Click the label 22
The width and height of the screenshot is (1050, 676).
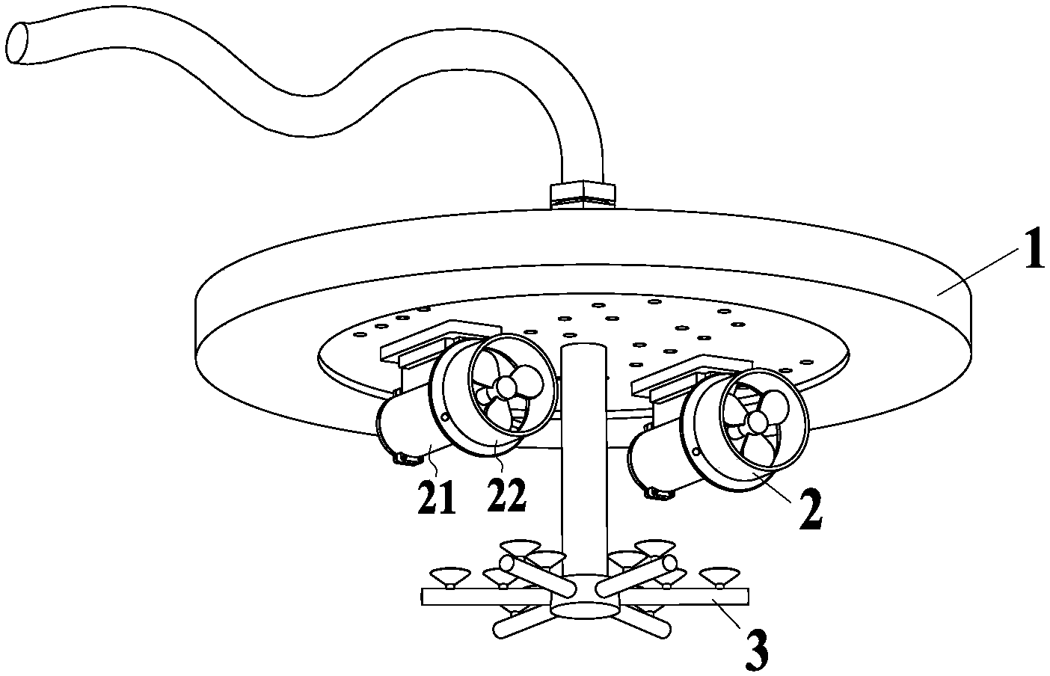506,495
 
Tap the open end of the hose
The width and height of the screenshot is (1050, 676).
23,43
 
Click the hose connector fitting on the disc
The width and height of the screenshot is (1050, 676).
583,193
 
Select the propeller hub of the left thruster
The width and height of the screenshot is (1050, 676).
506,387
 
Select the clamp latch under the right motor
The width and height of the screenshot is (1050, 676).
657,493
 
